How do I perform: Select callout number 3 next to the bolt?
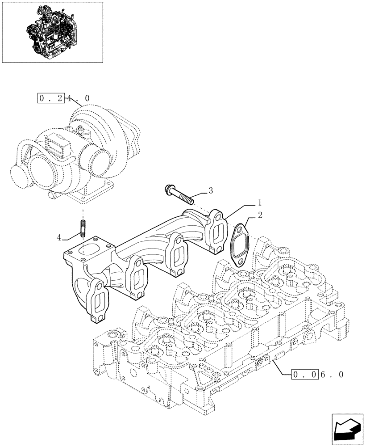(210, 190)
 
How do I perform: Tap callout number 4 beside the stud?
(58, 237)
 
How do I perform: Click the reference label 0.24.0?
(62, 98)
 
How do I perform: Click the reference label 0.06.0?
(317, 374)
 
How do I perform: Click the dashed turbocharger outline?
(76, 152)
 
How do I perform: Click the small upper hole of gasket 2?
(240, 231)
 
